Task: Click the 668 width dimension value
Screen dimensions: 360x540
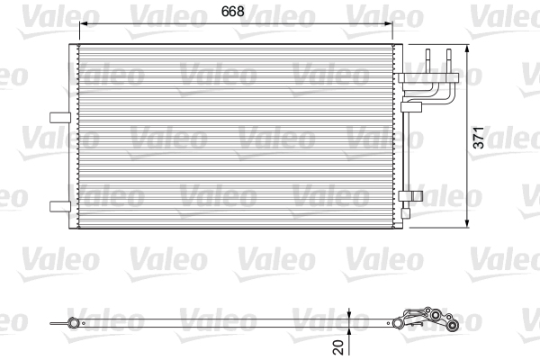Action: pos(236,13)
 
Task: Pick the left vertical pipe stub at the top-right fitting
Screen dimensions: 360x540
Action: pos(428,58)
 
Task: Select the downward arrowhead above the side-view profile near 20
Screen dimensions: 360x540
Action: pos(349,314)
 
